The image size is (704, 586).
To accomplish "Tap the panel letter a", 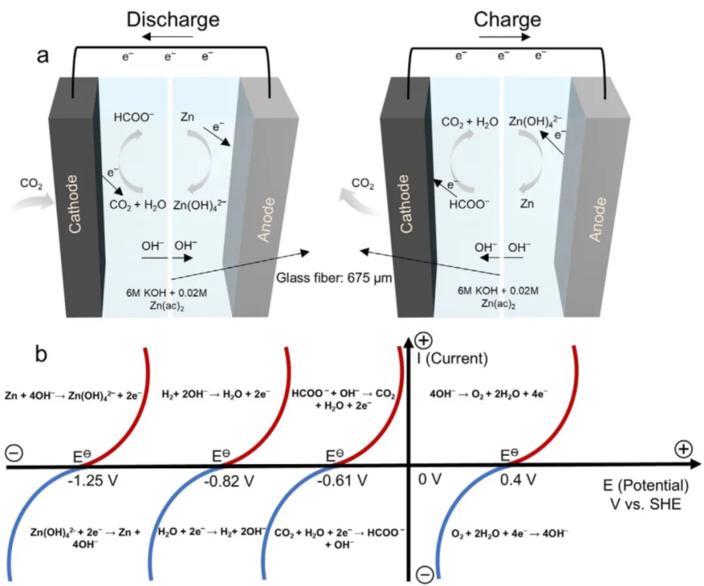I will (x=42, y=56).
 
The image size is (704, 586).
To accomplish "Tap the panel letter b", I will (x=42, y=357).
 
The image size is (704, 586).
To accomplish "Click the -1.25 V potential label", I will (x=85, y=481).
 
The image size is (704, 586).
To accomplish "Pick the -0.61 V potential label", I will (x=343, y=481).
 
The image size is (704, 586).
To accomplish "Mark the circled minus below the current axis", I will (x=424, y=574).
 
